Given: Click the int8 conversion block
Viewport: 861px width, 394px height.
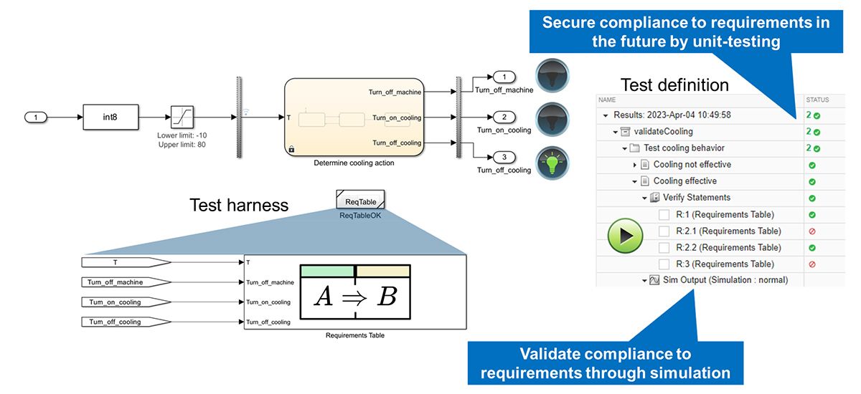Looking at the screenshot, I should (110, 116).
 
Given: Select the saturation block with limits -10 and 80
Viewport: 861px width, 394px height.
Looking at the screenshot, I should (182, 116).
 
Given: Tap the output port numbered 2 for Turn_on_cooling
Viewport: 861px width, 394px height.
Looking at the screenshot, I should (504, 116).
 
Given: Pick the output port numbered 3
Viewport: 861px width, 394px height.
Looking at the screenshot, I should (504, 157).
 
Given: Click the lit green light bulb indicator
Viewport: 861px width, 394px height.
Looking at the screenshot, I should (552, 159).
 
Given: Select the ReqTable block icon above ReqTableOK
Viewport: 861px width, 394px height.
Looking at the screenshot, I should (359, 198).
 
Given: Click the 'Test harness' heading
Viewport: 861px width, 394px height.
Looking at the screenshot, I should (239, 206).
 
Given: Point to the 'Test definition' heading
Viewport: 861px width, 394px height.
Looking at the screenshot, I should (674, 85).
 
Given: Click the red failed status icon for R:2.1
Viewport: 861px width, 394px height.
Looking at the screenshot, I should (811, 231).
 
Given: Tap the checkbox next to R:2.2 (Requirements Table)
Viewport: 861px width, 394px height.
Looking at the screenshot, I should (664, 248).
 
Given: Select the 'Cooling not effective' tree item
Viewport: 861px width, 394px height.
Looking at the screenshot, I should (692, 165).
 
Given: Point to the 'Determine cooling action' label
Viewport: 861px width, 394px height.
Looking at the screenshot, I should (354, 163).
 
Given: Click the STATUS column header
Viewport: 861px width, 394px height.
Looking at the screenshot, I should (819, 100).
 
